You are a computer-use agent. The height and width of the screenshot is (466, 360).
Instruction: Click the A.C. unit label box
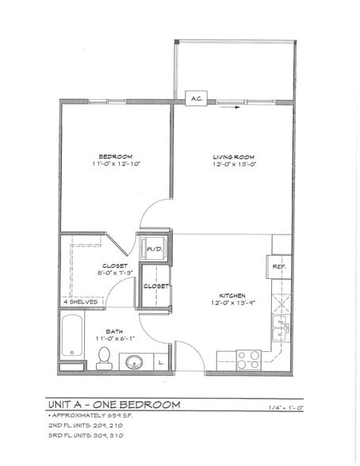coord(197,99)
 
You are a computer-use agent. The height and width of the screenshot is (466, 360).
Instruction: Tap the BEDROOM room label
coord(115,156)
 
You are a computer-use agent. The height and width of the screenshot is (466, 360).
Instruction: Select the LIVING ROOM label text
coord(234,156)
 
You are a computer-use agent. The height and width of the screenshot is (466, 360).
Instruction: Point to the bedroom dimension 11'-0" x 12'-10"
coord(115,165)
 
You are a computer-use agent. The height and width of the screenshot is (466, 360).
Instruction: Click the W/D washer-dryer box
coord(154,249)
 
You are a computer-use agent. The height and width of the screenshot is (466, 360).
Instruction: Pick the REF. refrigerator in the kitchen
coord(279,267)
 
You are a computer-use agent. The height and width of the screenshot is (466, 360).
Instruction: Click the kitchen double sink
coord(281,325)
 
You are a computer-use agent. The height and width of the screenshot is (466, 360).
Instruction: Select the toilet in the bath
coord(104,360)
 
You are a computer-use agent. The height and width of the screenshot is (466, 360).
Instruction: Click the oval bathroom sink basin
coord(133,363)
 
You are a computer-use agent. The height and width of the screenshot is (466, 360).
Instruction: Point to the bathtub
coord(72,338)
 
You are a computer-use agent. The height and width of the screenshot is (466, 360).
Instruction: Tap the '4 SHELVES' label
coord(80,302)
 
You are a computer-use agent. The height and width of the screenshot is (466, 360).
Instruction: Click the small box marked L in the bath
coord(161,363)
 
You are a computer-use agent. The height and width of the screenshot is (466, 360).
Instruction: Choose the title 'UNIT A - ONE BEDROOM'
coord(113,405)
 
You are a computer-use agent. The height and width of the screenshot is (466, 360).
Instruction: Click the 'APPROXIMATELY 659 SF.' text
coord(87,415)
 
